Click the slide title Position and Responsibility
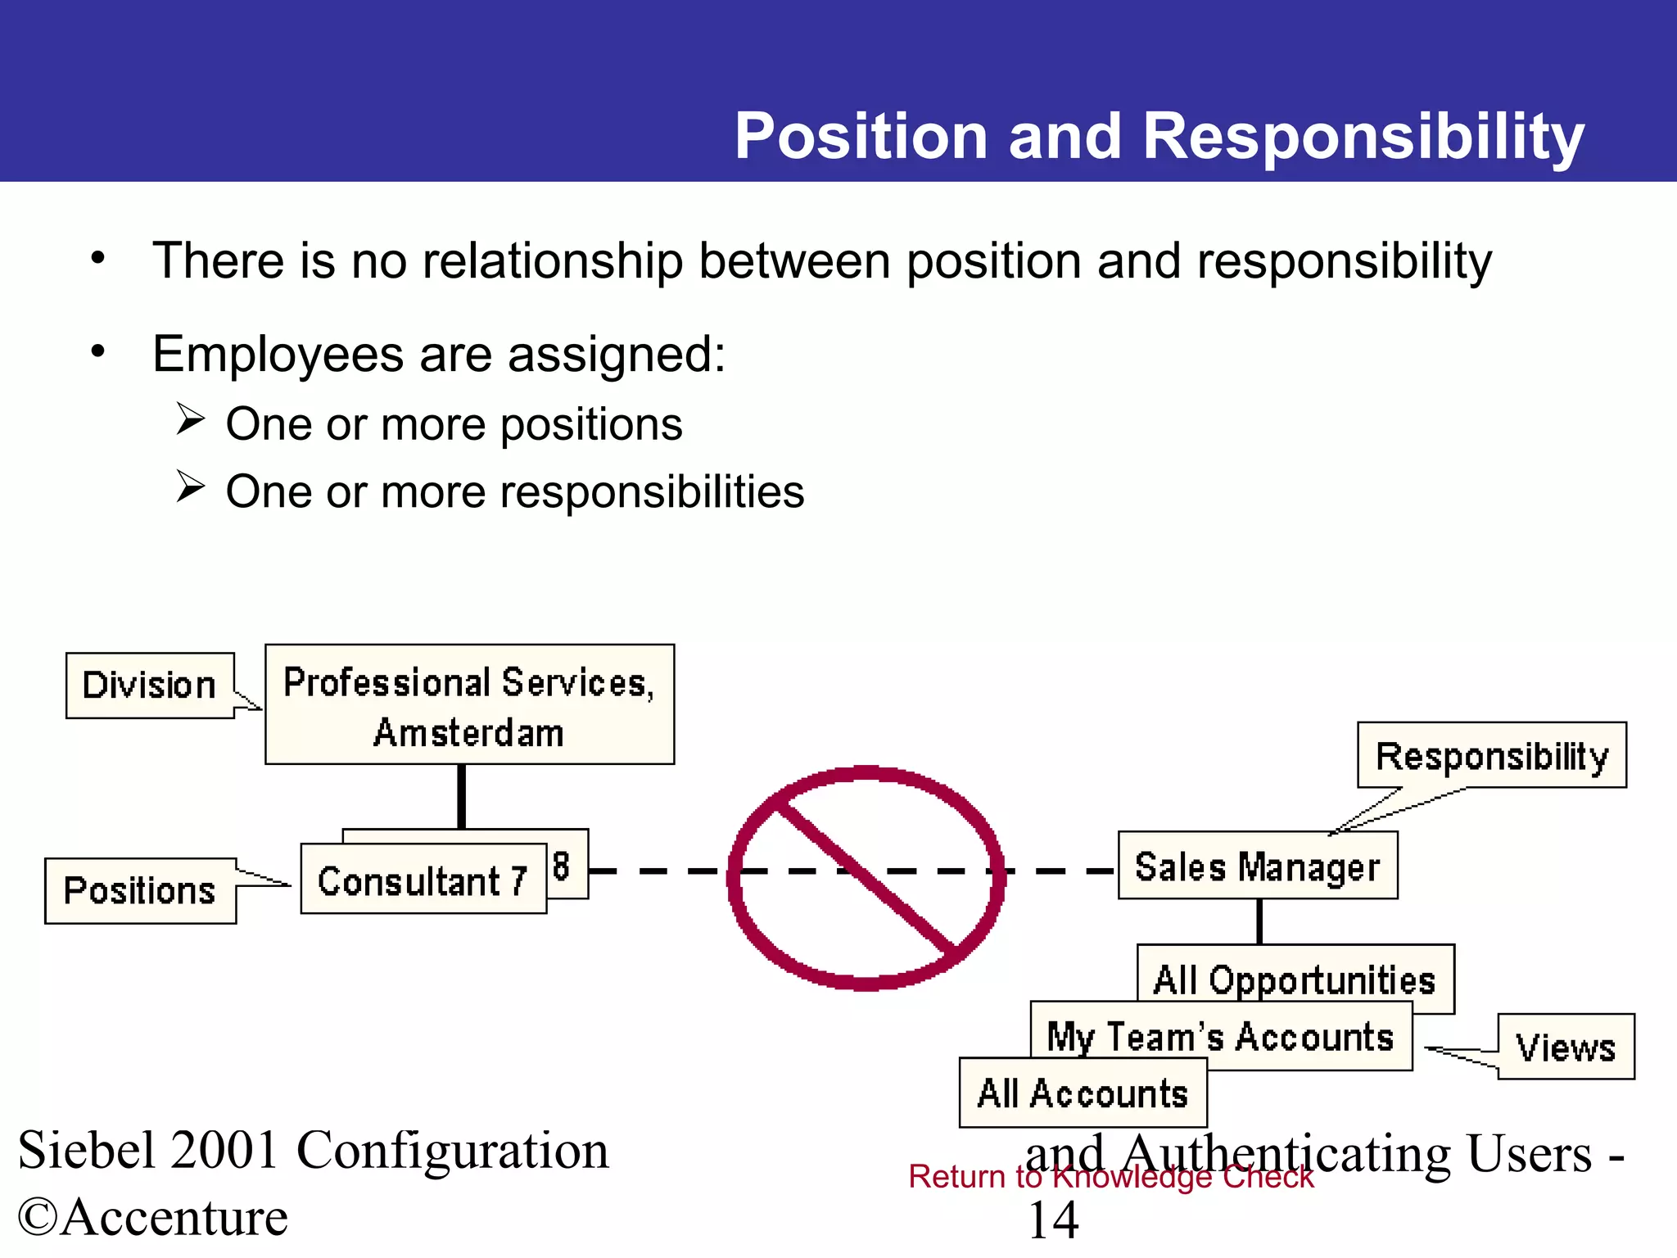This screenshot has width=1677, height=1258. (1159, 136)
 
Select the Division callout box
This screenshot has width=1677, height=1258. (149, 686)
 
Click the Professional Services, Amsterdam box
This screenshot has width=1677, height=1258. (469, 705)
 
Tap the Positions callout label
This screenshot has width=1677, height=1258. (140, 891)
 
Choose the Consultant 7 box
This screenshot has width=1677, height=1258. (423, 880)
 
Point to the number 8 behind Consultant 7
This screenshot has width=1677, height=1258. (562, 866)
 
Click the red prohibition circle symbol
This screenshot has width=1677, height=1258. (866, 878)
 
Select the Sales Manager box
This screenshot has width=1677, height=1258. (1257, 867)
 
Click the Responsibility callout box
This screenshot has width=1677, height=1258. (1491, 756)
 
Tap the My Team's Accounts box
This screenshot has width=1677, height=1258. (1220, 1036)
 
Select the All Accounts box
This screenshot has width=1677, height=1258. (1083, 1093)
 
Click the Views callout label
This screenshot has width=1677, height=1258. (1566, 1048)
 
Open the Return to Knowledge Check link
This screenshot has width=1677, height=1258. (1110, 1176)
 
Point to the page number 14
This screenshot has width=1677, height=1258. (1053, 1220)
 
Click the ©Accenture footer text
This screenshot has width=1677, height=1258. (152, 1217)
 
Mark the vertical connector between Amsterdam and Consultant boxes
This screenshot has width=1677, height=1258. (461, 796)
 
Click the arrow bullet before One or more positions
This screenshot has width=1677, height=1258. (190, 420)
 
